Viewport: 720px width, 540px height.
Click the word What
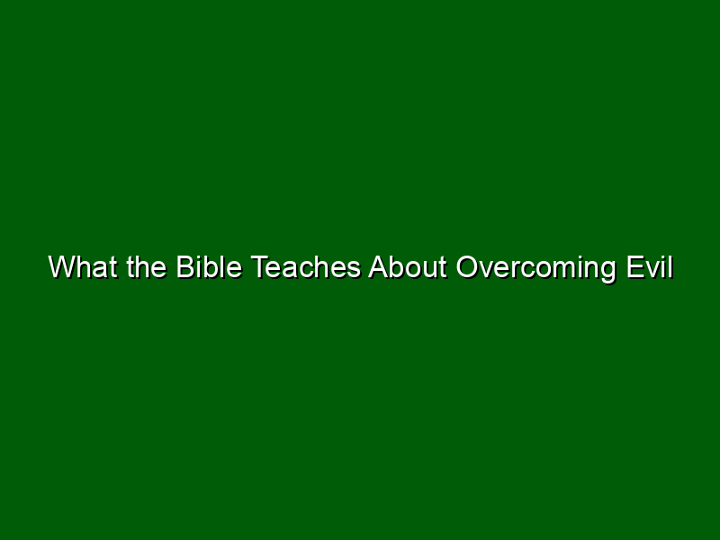coord(82,266)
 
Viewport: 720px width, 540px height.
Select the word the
coord(147,266)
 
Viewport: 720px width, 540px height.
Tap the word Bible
coord(210,266)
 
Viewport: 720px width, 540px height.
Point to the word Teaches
coord(306,266)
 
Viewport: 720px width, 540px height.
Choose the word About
coord(408,266)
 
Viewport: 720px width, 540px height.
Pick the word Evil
coord(650,266)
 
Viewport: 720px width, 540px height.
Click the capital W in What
coord(62,266)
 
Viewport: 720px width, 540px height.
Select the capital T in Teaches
coord(260,266)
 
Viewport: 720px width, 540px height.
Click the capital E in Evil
coord(636,266)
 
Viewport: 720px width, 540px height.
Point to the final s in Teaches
coord(354,271)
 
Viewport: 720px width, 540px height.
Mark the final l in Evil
coord(670,266)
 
